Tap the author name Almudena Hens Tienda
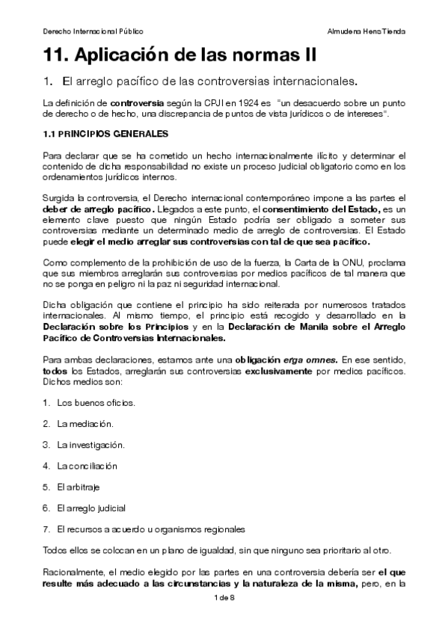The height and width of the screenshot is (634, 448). (x=366, y=31)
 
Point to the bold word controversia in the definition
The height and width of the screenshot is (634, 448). (x=134, y=101)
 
